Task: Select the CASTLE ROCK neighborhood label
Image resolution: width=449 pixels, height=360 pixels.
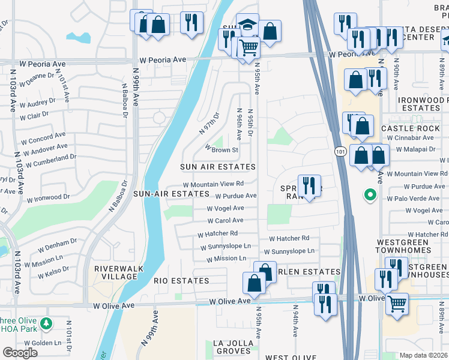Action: (x=411, y=128)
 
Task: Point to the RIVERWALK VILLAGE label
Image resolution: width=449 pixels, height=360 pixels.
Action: (x=115, y=272)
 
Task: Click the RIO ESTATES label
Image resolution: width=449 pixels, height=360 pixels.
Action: (x=181, y=281)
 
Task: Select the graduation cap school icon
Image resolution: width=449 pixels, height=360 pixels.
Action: (x=247, y=25)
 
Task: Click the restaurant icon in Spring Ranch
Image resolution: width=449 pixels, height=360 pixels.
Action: (x=309, y=186)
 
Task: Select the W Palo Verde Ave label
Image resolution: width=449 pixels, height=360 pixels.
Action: (x=415, y=199)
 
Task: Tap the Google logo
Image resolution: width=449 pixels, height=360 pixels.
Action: (x=20, y=353)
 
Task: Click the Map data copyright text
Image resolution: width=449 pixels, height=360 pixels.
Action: (x=423, y=355)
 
